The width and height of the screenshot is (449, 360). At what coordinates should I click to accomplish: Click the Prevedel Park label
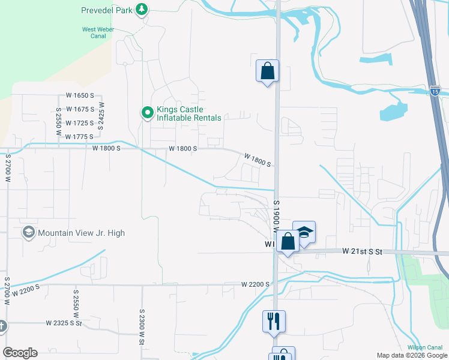tap(106, 10)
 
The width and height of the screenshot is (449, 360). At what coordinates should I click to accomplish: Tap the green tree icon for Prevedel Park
tap(142, 10)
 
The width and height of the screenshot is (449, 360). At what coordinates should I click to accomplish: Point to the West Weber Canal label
tap(94, 32)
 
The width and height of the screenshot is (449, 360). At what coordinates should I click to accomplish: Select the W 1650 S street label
tap(80, 96)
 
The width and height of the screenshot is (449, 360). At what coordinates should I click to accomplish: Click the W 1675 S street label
tap(80, 109)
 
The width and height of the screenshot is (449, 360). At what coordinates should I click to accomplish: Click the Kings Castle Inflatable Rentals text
tap(188, 113)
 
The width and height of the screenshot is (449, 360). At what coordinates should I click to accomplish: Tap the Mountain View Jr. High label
tap(81, 233)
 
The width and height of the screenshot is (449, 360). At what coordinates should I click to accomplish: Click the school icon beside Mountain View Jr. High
tap(28, 232)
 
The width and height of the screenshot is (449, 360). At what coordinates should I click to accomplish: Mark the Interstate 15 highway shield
tap(435, 91)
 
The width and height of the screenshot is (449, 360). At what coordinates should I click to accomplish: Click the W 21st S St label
tap(362, 251)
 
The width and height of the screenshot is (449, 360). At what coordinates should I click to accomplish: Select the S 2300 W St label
tap(142, 326)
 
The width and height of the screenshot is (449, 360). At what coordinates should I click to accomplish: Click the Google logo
tap(20, 353)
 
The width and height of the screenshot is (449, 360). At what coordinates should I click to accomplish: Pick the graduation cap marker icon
tap(305, 232)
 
